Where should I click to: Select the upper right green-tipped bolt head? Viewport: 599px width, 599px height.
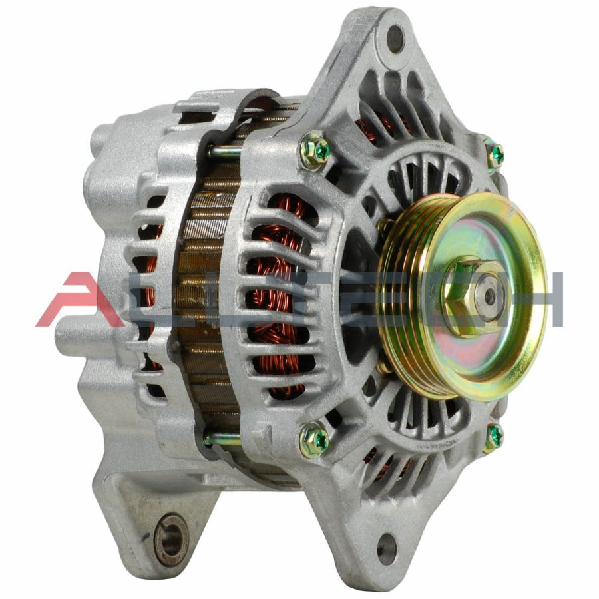point(495,155)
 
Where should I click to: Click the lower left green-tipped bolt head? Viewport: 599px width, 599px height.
point(315,439)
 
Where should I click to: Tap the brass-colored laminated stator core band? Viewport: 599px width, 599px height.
point(200,299)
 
